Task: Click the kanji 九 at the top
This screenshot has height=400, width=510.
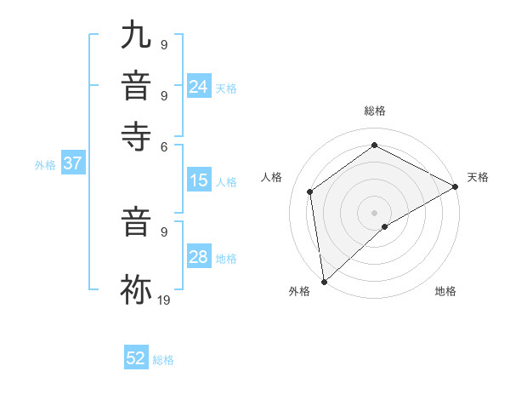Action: coord(136,36)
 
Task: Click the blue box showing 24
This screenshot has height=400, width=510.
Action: coord(199,87)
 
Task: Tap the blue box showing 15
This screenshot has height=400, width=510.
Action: coord(199,180)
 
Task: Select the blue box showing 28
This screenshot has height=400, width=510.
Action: coord(199,257)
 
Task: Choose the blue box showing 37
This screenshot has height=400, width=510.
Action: coord(72,164)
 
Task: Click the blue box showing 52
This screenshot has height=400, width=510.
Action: coord(136,358)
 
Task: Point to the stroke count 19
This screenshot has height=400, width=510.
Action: coord(163,300)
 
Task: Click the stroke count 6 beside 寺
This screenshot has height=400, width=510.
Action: coord(164,146)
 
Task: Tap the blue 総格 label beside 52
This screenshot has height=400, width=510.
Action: coord(163,360)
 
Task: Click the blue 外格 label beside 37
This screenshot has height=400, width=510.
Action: coord(45,166)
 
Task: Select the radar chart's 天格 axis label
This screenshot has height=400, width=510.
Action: coord(478,178)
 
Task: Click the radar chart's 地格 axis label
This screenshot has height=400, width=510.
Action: coord(445,292)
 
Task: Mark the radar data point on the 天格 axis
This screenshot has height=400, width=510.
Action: coord(456,186)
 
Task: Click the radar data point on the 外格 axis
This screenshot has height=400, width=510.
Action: coord(324,281)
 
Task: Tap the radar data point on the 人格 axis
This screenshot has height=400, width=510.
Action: coord(310,191)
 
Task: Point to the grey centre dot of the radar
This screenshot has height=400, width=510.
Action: coord(374,212)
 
